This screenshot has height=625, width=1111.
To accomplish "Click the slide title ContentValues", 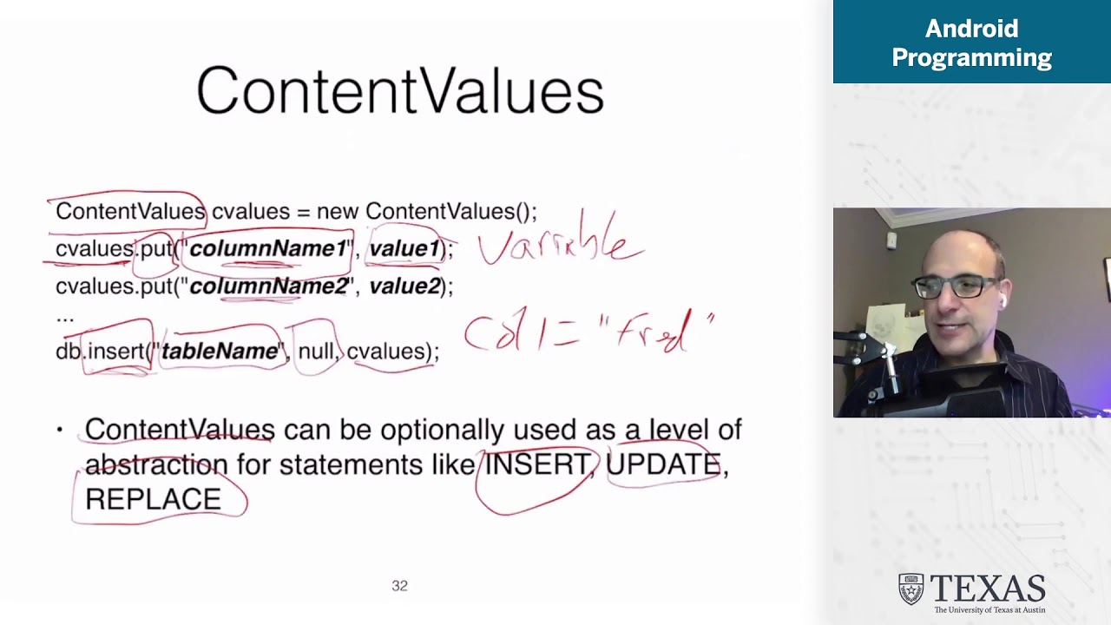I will pyautogui.click(x=400, y=91).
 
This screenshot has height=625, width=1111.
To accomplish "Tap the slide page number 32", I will pyautogui.click(x=399, y=586).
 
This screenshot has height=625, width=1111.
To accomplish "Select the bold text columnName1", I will pyautogui.click(x=267, y=249).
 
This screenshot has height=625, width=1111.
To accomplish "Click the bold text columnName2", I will pyautogui.click(x=268, y=286).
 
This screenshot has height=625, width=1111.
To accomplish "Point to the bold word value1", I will pyautogui.click(x=404, y=249).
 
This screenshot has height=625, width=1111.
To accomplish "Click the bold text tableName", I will pyautogui.click(x=220, y=351).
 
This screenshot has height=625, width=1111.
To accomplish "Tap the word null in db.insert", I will pyautogui.click(x=315, y=351).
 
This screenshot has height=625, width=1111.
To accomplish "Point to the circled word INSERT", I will pyautogui.click(x=536, y=464).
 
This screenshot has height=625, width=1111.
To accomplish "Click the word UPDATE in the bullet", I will pyautogui.click(x=663, y=464).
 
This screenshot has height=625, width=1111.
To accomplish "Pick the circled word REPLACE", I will pyautogui.click(x=153, y=499).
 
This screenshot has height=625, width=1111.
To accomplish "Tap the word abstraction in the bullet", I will pyautogui.click(x=156, y=464).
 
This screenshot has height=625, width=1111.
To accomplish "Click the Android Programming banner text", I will pyautogui.click(x=971, y=43).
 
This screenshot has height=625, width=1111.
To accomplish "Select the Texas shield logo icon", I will pyautogui.click(x=910, y=589).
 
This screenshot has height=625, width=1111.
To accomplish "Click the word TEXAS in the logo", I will pyautogui.click(x=988, y=589).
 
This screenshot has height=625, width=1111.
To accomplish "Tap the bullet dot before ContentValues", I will pyautogui.click(x=60, y=430).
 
